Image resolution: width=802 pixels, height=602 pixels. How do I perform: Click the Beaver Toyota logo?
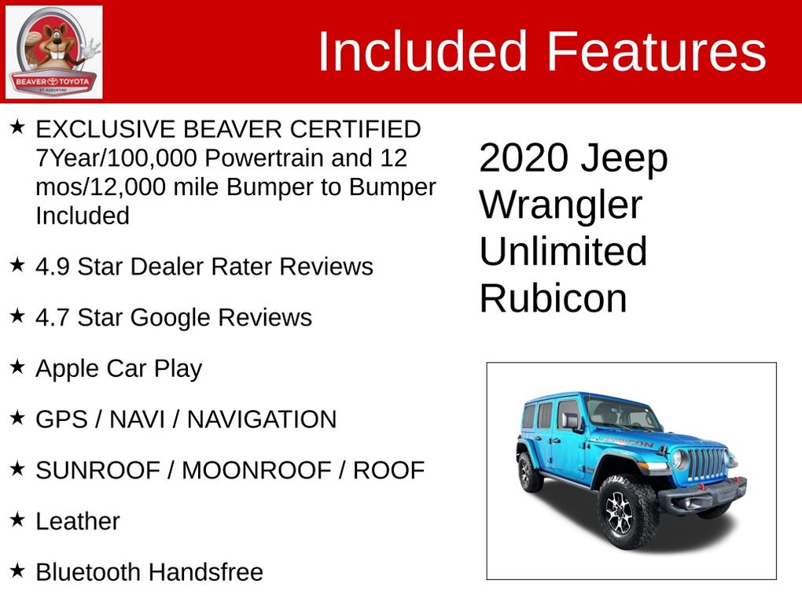(x=53, y=52)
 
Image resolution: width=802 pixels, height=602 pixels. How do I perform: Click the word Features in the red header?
(x=657, y=51)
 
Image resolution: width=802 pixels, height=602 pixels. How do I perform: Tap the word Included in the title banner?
(x=422, y=51)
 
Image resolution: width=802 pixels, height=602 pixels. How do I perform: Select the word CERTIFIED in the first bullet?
(x=355, y=129)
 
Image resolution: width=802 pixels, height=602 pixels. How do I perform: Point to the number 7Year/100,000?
(x=116, y=158)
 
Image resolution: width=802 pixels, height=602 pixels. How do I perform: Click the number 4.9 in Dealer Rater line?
(x=53, y=267)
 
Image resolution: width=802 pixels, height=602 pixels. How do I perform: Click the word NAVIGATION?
(x=262, y=419)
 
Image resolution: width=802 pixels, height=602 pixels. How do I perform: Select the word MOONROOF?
(x=257, y=471)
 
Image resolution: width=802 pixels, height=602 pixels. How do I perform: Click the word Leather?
(x=78, y=521)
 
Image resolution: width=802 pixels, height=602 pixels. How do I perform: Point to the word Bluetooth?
(x=87, y=572)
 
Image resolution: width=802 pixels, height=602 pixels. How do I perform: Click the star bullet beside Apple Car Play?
(x=17, y=366)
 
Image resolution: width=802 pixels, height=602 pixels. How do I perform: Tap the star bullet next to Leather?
(x=17, y=519)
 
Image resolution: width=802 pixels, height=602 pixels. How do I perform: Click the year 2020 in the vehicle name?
(x=524, y=157)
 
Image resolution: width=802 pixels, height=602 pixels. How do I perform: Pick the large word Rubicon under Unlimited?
(x=554, y=298)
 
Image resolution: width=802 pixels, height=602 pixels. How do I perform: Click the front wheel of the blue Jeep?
(x=627, y=513)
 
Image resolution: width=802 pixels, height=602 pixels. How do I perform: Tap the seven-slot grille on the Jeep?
(x=707, y=464)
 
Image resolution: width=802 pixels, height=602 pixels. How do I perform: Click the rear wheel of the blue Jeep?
(x=529, y=472)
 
